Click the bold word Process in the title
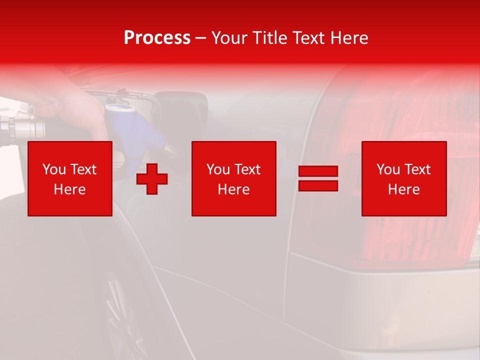pyautogui.click(x=157, y=38)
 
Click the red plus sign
pyautogui.click(x=152, y=179)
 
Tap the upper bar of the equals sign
pyautogui.click(x=318, y=171)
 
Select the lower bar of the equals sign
pyautogui.click(x=318, y=185)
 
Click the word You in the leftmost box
pyautogui.click(x=54, y=169)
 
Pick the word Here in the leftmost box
pyautogui.click(x=69, y=189)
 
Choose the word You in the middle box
pyautogui.click(x=218, y=169)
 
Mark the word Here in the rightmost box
pyautogui.click(x=404, y=189)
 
